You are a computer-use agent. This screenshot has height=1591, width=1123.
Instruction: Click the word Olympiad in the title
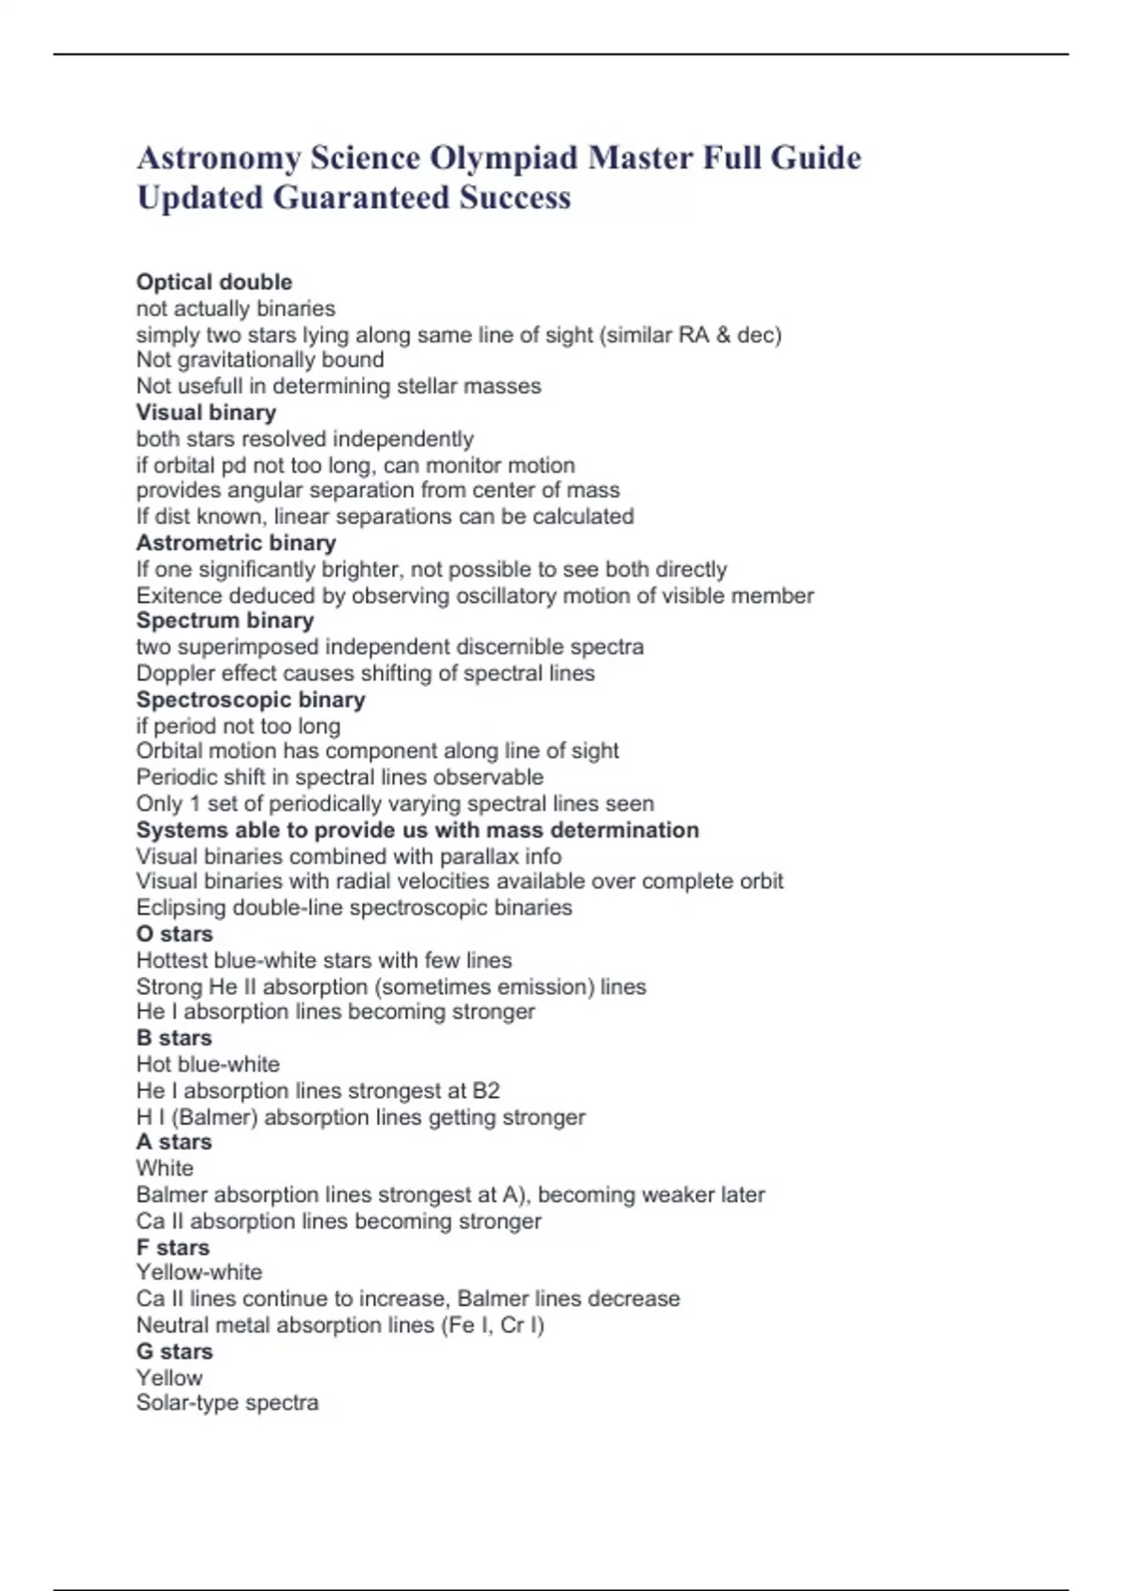(503, 158)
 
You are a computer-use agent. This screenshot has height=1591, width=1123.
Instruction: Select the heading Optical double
(214, 282)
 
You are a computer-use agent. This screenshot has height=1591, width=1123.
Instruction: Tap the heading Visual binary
(206, 412)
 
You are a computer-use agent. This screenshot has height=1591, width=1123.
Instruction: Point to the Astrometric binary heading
(236, 543)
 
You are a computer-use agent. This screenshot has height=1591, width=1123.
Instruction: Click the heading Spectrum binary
(225, 620)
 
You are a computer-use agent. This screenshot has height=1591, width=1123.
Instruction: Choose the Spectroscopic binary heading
(251, 699)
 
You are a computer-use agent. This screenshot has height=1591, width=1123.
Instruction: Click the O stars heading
(175, 934)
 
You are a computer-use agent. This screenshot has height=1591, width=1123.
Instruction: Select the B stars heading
(174, 1038)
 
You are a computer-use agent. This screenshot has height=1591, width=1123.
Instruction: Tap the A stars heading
(174, 1142)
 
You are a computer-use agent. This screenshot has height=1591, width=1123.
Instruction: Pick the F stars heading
(173, 1248)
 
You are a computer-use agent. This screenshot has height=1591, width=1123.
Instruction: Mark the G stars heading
(175, 1351)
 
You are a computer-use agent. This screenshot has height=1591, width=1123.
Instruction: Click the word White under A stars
(165, 1169)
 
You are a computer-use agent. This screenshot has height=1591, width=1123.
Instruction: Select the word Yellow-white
(199, 1273)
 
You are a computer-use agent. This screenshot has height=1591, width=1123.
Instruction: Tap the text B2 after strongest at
(486, 1091)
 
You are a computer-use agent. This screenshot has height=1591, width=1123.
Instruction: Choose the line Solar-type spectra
(227, 1403)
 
